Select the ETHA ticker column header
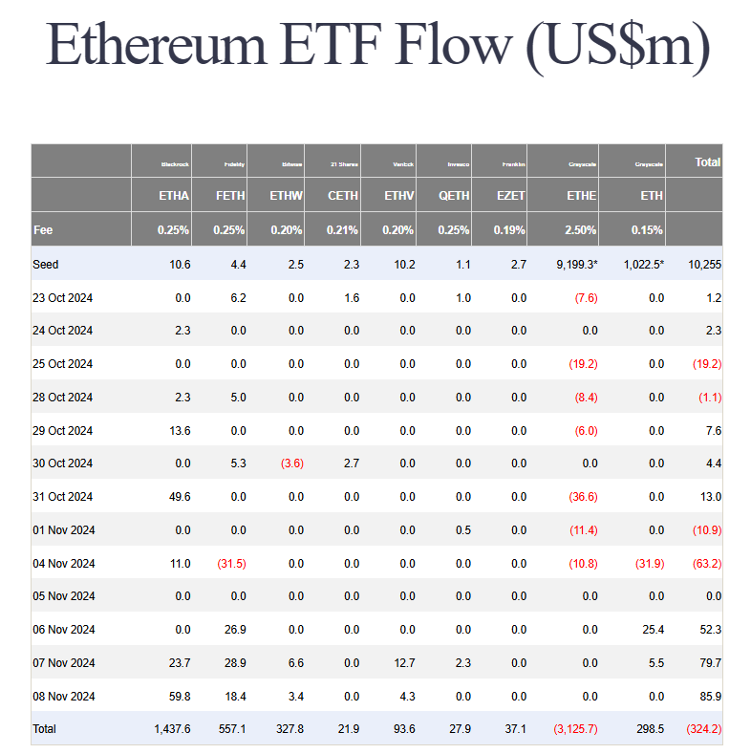174,196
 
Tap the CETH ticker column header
342,196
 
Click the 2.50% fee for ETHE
580,230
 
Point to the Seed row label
45,264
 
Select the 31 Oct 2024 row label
62,497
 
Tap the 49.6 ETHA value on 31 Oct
179,497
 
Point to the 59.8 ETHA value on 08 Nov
179,696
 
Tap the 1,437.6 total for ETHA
172,729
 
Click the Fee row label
43,230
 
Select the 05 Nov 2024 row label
62,596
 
